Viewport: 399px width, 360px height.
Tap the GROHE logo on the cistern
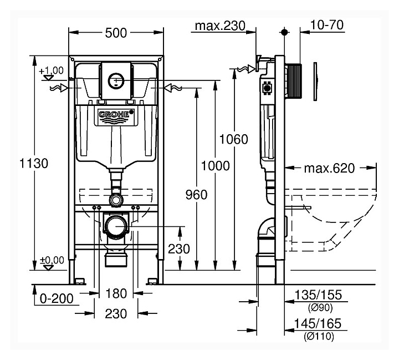tap(116, 115)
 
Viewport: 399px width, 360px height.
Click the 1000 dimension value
tap(215, 165)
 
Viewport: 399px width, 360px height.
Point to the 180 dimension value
tap(116, 293)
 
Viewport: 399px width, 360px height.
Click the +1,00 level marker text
tap(52, 70)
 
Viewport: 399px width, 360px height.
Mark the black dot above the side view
tap(284, 33)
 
